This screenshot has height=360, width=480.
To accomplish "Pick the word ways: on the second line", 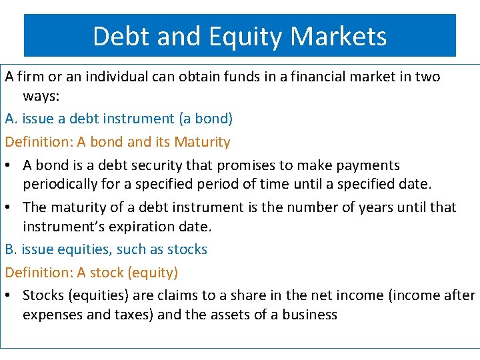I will click(41, 97).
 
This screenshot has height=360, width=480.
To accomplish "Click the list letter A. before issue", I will click(11, 119).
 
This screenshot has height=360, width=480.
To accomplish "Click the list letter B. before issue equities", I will click(11, 250).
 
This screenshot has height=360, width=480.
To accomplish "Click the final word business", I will click(310, 315).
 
